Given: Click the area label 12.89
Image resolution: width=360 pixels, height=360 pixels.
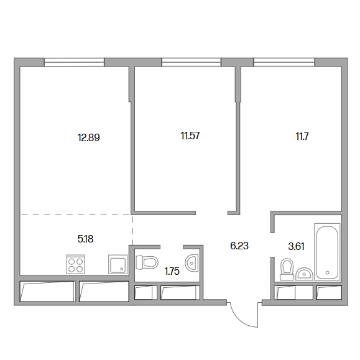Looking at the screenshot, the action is pos(89,138).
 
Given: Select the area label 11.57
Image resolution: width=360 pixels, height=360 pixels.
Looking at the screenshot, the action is pos(190,136).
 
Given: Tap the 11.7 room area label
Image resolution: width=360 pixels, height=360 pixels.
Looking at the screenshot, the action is pos(302,136).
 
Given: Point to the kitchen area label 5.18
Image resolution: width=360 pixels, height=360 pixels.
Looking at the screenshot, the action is pos(85,239).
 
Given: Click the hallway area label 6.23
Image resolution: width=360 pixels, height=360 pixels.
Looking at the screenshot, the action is pos(239,246).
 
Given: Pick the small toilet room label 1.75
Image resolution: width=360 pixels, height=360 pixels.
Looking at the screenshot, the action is pos(172,271).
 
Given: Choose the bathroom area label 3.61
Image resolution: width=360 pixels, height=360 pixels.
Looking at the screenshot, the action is pos(296,247).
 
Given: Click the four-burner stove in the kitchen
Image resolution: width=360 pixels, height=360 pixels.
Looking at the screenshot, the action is pos(75,264).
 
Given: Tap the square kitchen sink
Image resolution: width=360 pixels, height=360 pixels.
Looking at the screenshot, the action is pos(118,264).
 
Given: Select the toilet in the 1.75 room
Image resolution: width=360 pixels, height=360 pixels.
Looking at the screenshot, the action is pos(147,262).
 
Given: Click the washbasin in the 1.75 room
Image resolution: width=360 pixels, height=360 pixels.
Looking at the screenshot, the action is pos(192,263).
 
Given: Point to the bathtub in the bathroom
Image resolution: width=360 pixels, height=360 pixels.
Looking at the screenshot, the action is pos(327,252).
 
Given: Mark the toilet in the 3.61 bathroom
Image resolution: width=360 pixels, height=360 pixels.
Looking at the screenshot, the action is pos(287,270).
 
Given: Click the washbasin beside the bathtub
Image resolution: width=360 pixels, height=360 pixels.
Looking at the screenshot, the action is pos(304,274).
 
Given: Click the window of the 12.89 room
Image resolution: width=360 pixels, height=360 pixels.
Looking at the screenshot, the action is pos(74,62).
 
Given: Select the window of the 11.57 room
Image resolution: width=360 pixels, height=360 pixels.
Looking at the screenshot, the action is pos(192,62).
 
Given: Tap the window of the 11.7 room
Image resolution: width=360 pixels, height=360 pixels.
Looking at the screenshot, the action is pos(284,62).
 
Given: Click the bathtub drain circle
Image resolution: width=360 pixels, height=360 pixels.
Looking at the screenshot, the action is pos(328,272).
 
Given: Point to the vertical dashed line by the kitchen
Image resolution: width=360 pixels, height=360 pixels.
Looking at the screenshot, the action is pos(132,230).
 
